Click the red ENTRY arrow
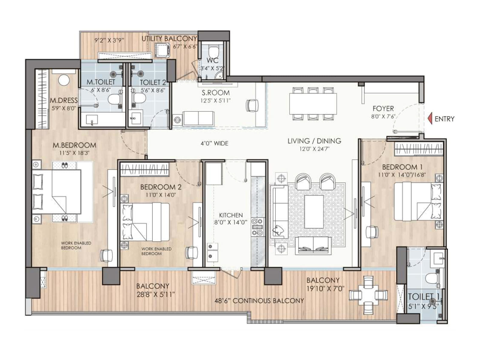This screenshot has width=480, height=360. pos(430,118)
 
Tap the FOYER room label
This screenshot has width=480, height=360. pos(383,109)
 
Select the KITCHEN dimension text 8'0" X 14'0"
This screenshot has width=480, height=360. pos(231,222)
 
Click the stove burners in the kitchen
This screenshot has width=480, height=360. pos(257,227)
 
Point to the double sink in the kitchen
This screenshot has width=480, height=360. pos(213,251)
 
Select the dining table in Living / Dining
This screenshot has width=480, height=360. pos(313,104)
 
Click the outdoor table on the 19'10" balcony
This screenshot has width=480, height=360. pos(368,295)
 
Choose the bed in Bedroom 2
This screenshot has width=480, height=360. pos(145,222)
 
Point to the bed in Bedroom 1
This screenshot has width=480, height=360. pos(417,202)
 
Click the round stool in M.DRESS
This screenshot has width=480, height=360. pos(64,80)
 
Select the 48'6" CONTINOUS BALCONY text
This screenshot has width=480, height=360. pos(259,301)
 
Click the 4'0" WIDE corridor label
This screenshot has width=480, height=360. pos(214,143)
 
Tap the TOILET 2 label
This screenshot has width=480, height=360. pos(153,82)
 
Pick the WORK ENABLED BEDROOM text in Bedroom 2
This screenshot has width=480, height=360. pos(156,251)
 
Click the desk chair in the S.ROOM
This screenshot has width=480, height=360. pos(252,105)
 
